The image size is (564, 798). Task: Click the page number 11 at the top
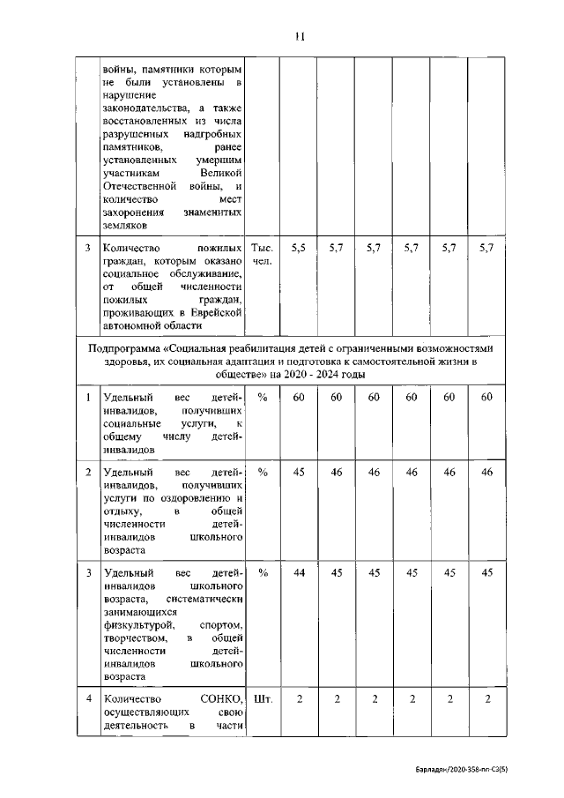(x=299, y=36)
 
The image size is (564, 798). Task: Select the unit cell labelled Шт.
(x=263, y=699)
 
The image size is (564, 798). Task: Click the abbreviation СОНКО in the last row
(x=220, y=699)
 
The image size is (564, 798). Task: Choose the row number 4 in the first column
(x=88, y=699)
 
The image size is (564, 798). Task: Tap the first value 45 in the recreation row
(x=299, y=473)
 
